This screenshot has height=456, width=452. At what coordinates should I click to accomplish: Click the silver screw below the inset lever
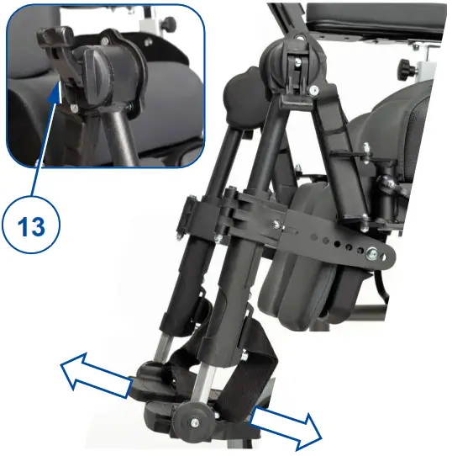pos(76,108)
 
